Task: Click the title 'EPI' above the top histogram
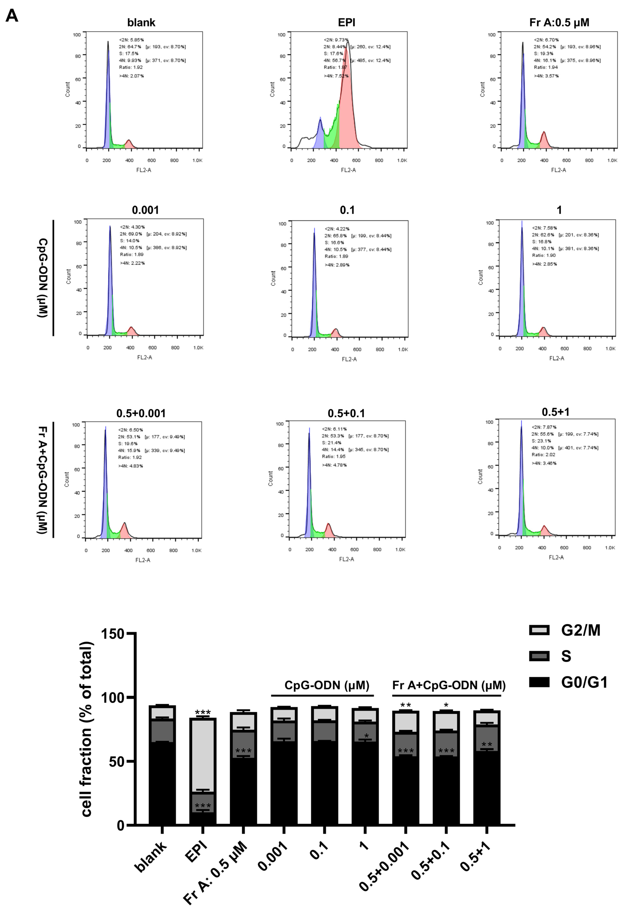(x=346, y=23)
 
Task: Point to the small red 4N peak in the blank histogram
(x=128, y=144)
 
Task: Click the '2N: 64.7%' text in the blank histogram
(x=130, y=47)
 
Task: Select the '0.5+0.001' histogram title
(x=141, y=414)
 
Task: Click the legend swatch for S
(x=539, y=656)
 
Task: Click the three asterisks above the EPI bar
(x=202, y=713)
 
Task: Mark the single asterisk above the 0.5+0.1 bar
(x=446, y=706)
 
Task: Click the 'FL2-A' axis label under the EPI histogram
(x=348, y=170)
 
